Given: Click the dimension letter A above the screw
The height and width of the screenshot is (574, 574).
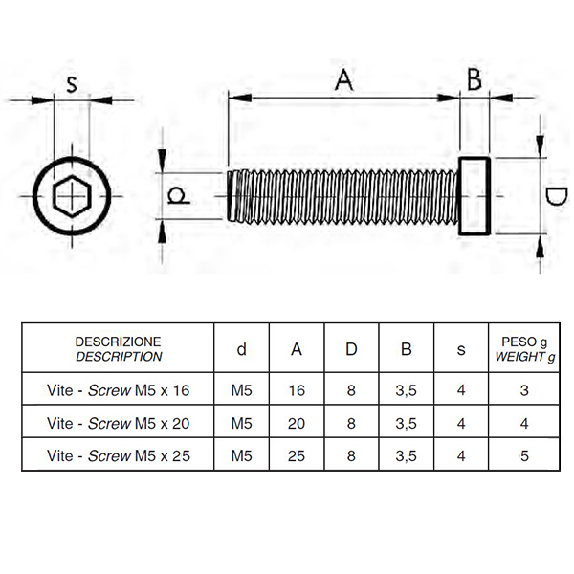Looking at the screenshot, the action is point(343,79).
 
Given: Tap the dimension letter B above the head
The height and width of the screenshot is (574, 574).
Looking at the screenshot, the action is point(475,79).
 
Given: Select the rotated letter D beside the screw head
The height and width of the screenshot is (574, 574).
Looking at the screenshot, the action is point(556,196).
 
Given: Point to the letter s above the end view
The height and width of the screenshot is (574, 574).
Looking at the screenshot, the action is point(72,84).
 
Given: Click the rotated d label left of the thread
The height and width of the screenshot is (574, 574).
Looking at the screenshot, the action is point(178,195).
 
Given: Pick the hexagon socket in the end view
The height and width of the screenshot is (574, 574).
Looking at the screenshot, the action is point(72,196).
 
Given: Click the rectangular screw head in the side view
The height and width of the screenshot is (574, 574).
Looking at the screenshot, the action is point(475,196).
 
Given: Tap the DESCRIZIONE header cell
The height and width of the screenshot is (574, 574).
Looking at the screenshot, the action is point(118,348).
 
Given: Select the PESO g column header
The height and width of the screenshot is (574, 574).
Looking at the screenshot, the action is point(524,348).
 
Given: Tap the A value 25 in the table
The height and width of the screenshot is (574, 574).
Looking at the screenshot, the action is point(297,455).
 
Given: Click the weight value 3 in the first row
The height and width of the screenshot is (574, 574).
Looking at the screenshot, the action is point(524,390).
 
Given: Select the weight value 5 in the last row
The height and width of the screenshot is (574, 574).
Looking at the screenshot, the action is point(524,455).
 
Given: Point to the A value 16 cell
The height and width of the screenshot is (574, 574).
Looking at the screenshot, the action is point(297,390).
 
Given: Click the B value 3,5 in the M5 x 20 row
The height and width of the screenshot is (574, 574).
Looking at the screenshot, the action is point(406,424).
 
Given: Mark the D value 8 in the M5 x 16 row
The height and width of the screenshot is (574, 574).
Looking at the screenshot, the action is point(351,390).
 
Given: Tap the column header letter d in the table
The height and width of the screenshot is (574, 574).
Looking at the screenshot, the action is point(242,349).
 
